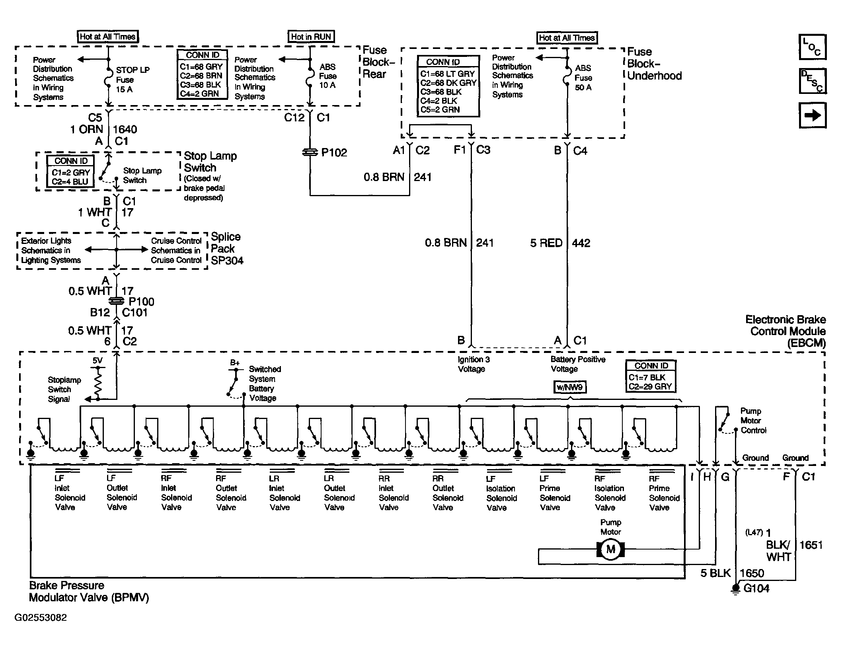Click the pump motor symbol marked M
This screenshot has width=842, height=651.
610,550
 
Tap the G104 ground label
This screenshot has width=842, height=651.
756,588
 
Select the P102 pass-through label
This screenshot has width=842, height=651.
334,152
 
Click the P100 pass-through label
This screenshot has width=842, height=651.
141,302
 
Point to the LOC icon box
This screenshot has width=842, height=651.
813,47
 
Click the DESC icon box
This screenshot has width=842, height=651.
813,81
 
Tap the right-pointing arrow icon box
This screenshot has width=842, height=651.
813,115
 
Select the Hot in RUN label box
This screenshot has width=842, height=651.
311,37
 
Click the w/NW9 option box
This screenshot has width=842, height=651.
570,387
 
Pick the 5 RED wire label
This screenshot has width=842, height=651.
546,243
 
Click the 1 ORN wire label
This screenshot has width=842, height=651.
87,129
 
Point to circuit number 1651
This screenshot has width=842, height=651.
811,545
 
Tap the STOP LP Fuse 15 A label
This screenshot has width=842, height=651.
133,80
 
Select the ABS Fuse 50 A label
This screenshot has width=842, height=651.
583,78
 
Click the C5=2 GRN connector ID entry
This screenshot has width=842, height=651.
440,109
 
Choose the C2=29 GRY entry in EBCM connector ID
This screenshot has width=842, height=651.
650,386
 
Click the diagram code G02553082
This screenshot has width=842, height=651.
41,617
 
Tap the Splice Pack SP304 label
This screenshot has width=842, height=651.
227,248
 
